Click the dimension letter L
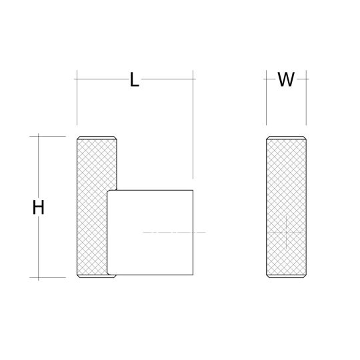tap(135, 81)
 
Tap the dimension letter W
tap(285, 80)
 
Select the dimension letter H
tap(39, 207)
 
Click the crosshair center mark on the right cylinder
tap(285, 231)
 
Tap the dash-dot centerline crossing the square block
tap(175, 232)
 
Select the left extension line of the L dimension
tap(77, 100)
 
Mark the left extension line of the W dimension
tap(267, 100)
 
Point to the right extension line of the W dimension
tap(307, 100)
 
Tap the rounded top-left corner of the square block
tap(110, 193)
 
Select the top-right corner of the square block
tap(192, 191)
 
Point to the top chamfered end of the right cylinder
tap(287, 138)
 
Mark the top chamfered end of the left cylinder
tap(98, 138)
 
